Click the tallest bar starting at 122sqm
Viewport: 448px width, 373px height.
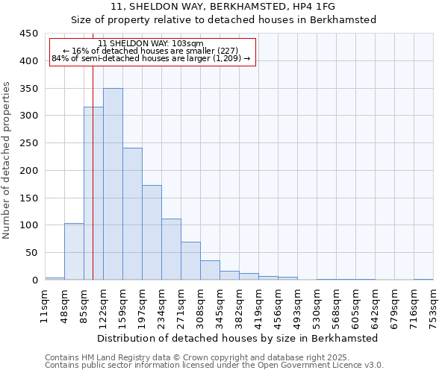(x=113, y=184)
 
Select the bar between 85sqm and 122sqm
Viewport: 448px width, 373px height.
(x=93, y=193)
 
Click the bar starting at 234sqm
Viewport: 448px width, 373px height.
(x=171, y=249)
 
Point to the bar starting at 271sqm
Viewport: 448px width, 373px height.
(x=190, y=261)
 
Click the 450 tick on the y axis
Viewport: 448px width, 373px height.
(x=28, y=34)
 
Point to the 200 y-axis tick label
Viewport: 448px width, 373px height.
(x=28, y=171)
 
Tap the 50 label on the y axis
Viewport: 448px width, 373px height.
(x=31, y=253)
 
